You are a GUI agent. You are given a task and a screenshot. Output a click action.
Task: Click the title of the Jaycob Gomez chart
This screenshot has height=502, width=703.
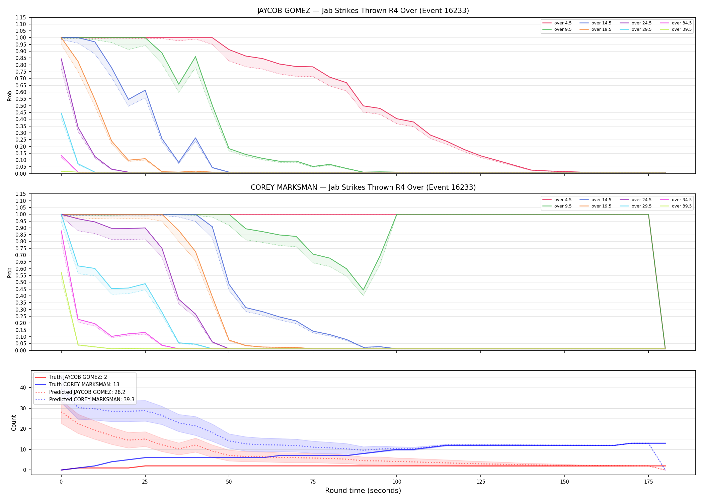click(363, 11)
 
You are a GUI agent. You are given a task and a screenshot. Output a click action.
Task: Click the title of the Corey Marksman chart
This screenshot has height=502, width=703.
click(363, 187)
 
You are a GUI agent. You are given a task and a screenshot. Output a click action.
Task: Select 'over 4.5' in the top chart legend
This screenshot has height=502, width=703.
click(563, 23)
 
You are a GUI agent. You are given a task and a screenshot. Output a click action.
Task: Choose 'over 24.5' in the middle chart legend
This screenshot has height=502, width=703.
click(641, 200)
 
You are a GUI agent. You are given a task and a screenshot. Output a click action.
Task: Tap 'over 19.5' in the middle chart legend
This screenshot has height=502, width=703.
click(601, 206)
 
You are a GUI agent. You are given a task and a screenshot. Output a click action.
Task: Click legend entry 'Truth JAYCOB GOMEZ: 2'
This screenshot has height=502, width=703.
click(78, 377)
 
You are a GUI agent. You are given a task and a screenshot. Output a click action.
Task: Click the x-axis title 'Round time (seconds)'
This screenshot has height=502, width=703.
click(363, 491)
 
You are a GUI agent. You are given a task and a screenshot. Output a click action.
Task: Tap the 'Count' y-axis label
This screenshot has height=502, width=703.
click(14, 423)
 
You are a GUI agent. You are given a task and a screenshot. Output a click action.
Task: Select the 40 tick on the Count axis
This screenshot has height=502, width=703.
click(23, 388)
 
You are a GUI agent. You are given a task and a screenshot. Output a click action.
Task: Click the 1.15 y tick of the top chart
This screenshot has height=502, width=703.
click(20, 17)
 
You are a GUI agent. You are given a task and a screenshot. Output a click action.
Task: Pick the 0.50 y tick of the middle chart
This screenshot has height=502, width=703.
click(20, 282)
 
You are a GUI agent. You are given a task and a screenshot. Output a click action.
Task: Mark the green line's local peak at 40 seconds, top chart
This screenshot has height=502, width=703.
click(196, 57)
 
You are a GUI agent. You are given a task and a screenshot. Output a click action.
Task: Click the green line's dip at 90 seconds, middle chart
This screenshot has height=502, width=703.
click(363, 290)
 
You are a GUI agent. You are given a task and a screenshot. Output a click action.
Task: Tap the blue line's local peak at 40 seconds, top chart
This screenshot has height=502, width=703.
click(196, 138)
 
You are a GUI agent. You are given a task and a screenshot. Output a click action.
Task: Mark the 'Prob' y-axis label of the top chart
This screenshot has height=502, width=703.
click(10, 96)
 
